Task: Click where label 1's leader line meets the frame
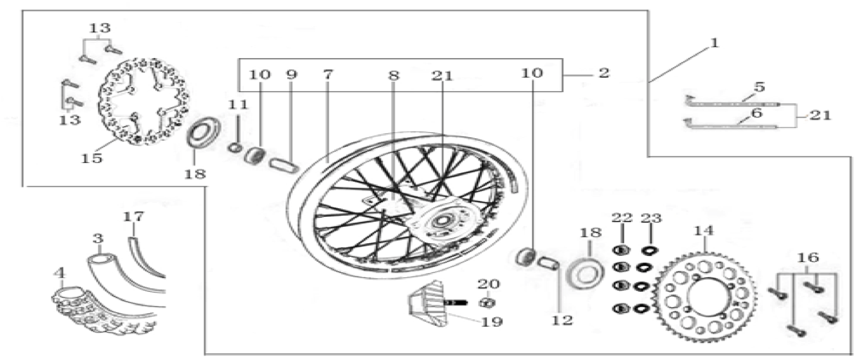(649, 83)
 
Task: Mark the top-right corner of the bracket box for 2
(563, 59)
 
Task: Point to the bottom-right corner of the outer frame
(851, 354)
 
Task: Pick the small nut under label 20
(488, 302)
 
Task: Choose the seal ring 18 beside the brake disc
(203, 133)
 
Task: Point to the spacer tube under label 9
(283, 165)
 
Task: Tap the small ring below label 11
(234, 148)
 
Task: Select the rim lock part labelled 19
(429, 305)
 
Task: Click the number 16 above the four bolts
(808, 258)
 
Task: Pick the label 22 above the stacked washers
(622, 218)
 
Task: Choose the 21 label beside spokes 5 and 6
(819, 115)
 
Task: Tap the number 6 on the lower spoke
(756, 113)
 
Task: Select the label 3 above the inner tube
(98, 239)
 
